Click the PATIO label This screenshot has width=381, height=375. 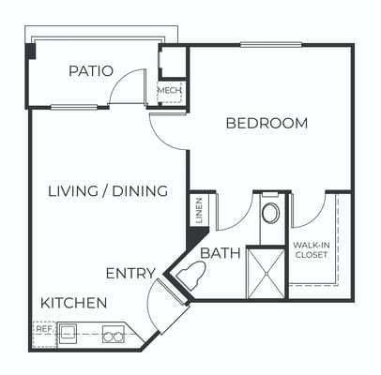point(91,71)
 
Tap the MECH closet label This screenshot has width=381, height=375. point(169,91)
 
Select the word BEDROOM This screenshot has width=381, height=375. point(267,123)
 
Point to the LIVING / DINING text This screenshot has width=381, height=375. point(107,191)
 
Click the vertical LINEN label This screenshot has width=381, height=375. point(198,212)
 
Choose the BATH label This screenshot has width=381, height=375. point(221,252)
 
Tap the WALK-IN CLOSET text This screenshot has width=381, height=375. point(311,250)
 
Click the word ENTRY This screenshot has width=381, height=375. point(131,273)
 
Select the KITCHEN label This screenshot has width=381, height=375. point(73,304)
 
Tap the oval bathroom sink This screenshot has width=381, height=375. point(269,213)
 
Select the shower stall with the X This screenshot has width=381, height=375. point(266,271)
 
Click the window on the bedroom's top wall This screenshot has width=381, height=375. point(270,44)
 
